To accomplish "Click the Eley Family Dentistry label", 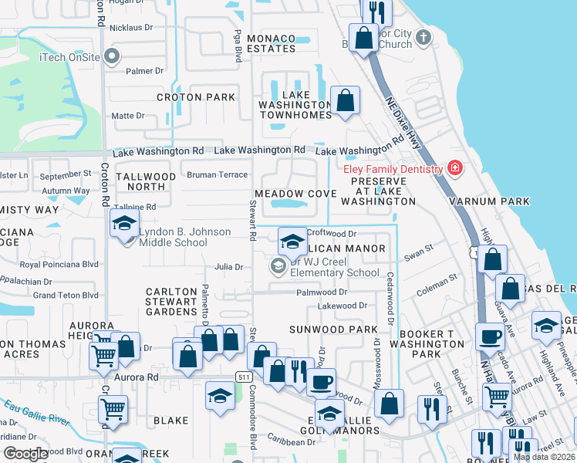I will (x=390, y=169).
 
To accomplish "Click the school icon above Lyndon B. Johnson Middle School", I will (x=124, y=225).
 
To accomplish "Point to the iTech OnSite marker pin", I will (x=113, y=56).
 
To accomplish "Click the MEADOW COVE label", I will (x=295, y=193).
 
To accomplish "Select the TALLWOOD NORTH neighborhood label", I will (x=146, y=181).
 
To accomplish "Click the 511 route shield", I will (x=245, y=375).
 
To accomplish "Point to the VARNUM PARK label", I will (x=491, y=201).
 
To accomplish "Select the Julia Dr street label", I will (x=229, y=267).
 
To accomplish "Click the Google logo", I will (x=25, y=454).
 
